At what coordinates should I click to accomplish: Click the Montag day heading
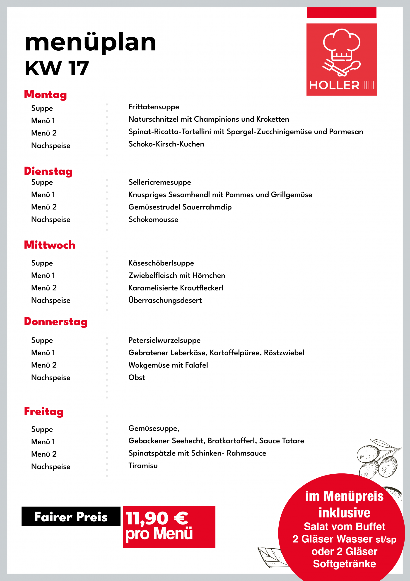click(46, 94)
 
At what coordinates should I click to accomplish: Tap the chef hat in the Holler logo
click(341, 44)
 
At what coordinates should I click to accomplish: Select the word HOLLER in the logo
click(334, 85)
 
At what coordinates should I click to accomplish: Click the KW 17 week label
click(57, 68)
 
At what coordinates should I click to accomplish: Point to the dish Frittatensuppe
click(154, 107)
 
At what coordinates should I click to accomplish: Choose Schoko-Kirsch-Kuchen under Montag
click(166, 144)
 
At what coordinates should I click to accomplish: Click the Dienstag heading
click(48, 171)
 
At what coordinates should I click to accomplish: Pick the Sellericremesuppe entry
click(160, 182)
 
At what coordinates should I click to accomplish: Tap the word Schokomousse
click(153, 219)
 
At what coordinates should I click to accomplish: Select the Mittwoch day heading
click(50, 245)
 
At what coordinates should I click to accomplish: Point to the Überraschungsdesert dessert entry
click(165, 300)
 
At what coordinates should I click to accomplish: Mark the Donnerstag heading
click(56, 322)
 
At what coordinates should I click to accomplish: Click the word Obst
click(137, 378)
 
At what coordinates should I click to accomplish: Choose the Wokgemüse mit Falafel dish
click(168, 365)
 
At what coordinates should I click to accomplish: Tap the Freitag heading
click(44, 411)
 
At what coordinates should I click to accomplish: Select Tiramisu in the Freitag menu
click(143, 466)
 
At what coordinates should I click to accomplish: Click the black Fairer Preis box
click(71, 517)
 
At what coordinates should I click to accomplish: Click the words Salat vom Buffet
click(344, 527)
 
